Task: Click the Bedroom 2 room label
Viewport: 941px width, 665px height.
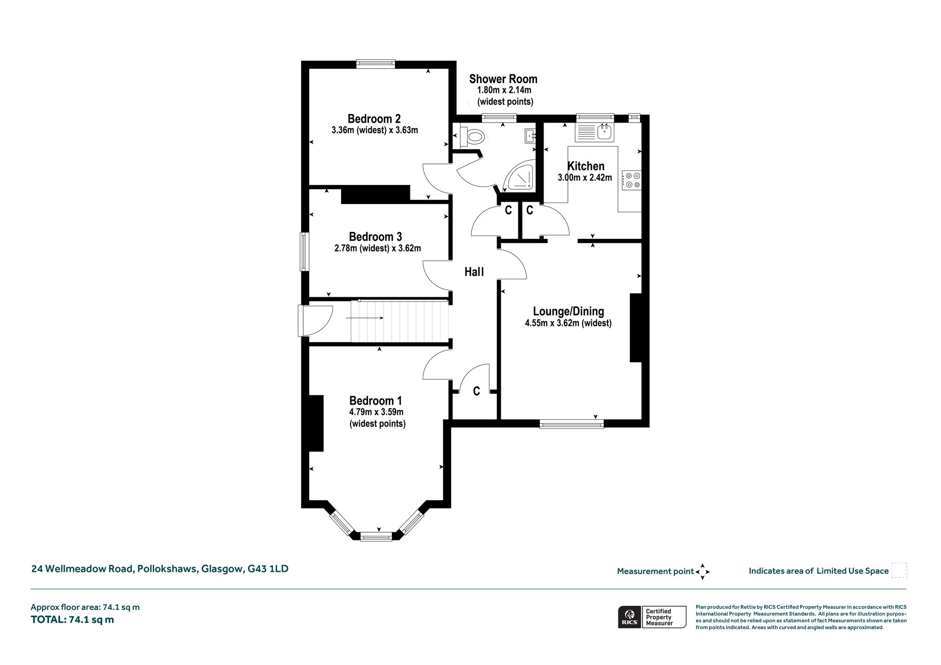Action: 374,119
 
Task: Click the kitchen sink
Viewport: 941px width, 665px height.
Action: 604,132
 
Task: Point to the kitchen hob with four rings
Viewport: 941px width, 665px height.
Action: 632,180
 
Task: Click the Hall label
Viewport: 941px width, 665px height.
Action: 474,272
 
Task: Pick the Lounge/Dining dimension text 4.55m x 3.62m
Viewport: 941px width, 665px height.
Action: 568,323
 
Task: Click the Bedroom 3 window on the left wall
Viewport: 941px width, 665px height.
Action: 304,252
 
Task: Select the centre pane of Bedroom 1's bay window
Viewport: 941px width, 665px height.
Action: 376,536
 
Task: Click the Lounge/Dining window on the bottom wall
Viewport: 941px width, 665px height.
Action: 571,424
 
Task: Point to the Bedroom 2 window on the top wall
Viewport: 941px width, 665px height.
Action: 376,64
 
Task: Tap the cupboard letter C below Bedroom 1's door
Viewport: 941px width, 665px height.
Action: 476,391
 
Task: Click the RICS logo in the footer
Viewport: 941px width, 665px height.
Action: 629,617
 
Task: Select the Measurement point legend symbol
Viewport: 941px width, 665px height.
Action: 703,572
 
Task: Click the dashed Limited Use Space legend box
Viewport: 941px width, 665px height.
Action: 899,570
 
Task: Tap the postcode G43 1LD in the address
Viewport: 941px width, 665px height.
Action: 268,569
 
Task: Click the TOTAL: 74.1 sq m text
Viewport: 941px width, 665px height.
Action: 72,620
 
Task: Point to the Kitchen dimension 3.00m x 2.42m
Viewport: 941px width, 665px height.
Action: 585,178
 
